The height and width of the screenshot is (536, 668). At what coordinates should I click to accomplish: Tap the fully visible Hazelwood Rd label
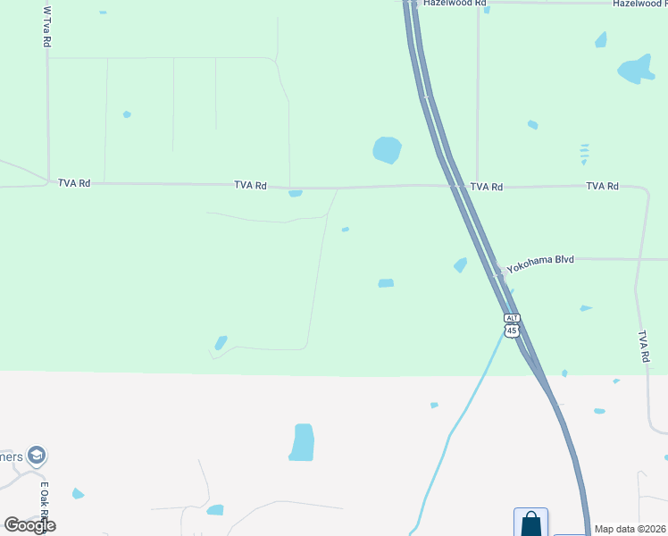(455, 4)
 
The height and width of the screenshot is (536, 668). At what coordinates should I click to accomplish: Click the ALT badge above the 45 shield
(512, 318)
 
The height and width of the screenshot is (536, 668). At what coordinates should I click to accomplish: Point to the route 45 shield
(512, 331)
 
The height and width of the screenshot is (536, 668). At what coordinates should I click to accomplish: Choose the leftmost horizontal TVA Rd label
(74, 183)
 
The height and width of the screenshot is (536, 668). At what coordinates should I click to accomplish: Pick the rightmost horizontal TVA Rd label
(602, 186)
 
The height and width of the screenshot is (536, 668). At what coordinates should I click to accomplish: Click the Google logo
(29, 524)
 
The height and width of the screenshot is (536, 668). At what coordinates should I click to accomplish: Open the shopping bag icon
(530, 523)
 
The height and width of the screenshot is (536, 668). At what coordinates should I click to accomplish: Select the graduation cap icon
(37, 456)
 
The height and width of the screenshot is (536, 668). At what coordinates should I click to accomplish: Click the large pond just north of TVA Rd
(387, 150)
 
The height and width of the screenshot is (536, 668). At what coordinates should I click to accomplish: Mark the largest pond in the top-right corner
(636, 69)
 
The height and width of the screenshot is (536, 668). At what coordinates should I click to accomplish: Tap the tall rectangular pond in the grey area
(304, 442)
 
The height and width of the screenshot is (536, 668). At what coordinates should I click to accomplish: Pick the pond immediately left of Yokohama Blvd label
(461, 264)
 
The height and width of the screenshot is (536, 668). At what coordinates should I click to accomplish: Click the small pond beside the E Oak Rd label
(78, 493)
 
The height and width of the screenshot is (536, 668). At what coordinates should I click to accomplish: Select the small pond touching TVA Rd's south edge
(296, 193)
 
